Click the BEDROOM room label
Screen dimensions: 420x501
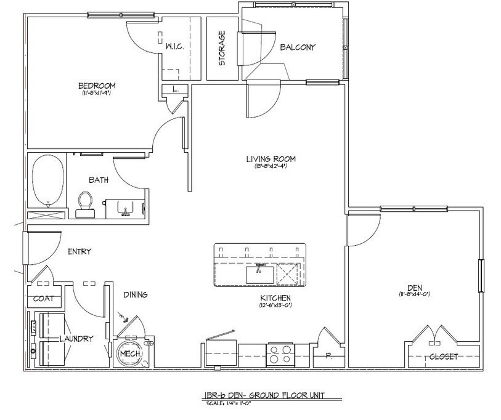click(96, 86)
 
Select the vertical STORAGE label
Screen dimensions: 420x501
click(222, 48)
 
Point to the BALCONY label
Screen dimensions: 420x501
click(298, 47)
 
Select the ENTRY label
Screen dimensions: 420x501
click(79, 251)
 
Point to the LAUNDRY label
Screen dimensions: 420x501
click(76, 339)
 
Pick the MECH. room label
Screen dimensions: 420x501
click(131, 355)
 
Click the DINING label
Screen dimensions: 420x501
click(135, 295)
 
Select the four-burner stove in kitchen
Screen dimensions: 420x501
click(280, 355)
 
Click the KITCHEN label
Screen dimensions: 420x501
click(275, 297)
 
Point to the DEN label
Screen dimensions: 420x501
click(413, 287)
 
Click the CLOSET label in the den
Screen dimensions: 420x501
click(443, 357)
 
